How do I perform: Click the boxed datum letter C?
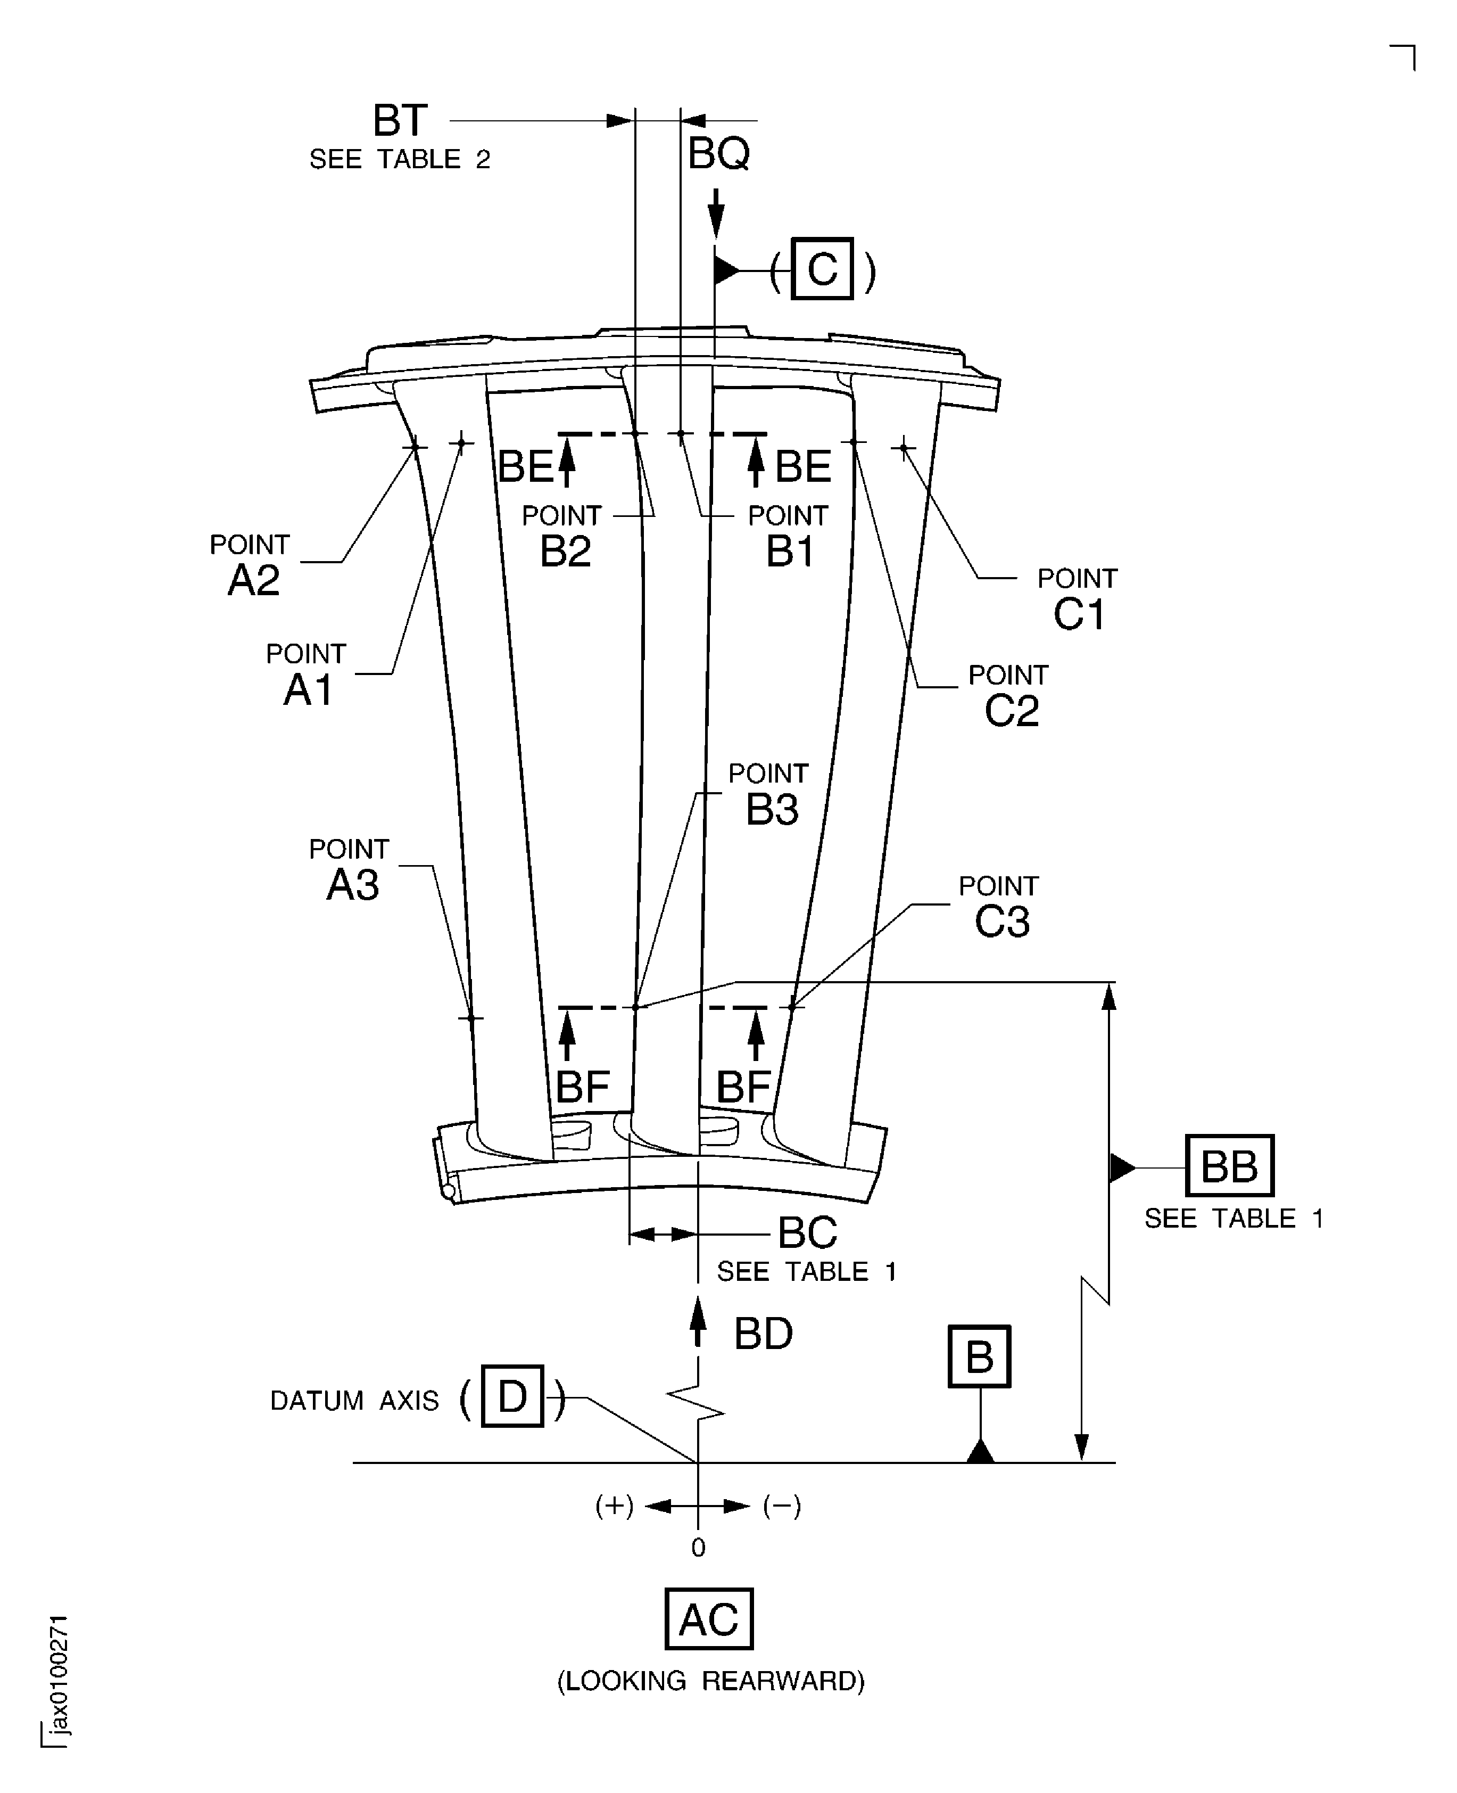point(823,269)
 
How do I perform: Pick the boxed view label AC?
point(708,1619)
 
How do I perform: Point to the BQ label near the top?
point(718,154)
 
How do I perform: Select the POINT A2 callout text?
point(251,564)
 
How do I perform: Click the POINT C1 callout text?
point(1078,598)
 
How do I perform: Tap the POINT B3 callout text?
point(769,794)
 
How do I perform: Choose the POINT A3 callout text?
point(350,870)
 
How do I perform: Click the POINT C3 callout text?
point(999,907)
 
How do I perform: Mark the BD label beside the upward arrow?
point(763,1334)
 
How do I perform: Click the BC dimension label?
point(807,1233)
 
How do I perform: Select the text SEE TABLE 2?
point(400,160)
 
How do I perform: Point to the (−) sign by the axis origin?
point(781,1506)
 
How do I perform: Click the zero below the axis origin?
point(698,1548)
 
